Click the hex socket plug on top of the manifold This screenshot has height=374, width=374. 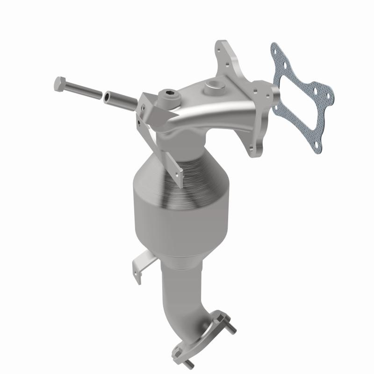[167, 99]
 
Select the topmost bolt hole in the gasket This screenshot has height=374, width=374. [277, 49]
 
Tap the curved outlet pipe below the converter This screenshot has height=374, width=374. [182, 299]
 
